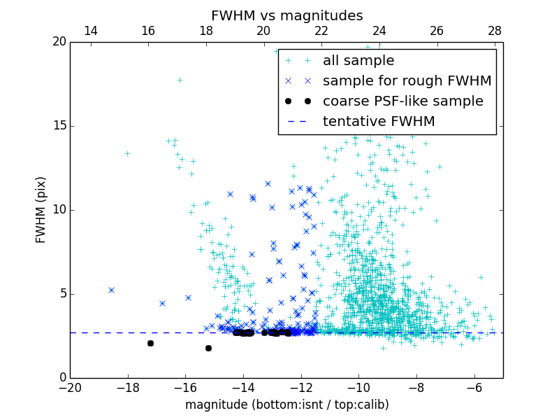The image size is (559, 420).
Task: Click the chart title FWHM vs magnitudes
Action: pos(286,15)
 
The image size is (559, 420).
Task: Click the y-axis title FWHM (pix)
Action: pos(41,209)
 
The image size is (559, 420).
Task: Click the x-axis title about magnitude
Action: pos(286,405)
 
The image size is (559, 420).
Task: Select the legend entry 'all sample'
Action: pos(358,61)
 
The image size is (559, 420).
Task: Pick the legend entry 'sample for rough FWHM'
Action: pos(407,81)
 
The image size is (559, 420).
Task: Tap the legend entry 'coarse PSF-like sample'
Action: pos(402,101)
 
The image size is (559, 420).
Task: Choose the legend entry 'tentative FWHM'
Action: pos(379,122)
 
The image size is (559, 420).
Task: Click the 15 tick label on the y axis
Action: pos(59,126)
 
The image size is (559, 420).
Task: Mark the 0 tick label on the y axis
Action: pos(62,378)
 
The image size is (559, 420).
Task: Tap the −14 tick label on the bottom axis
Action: pos(243,388)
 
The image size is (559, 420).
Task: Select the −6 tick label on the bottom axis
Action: pos(474,388)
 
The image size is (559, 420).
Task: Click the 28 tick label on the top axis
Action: pos(495,31)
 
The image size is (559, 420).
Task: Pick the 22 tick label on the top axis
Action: pos(321,31)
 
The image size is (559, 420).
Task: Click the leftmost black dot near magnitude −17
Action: pos(150,343)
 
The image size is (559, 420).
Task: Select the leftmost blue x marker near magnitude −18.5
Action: pos(111,290)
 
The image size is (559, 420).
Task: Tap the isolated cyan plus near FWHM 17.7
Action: pos(180,80)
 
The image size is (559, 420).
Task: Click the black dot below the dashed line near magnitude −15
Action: pos(208,348)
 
